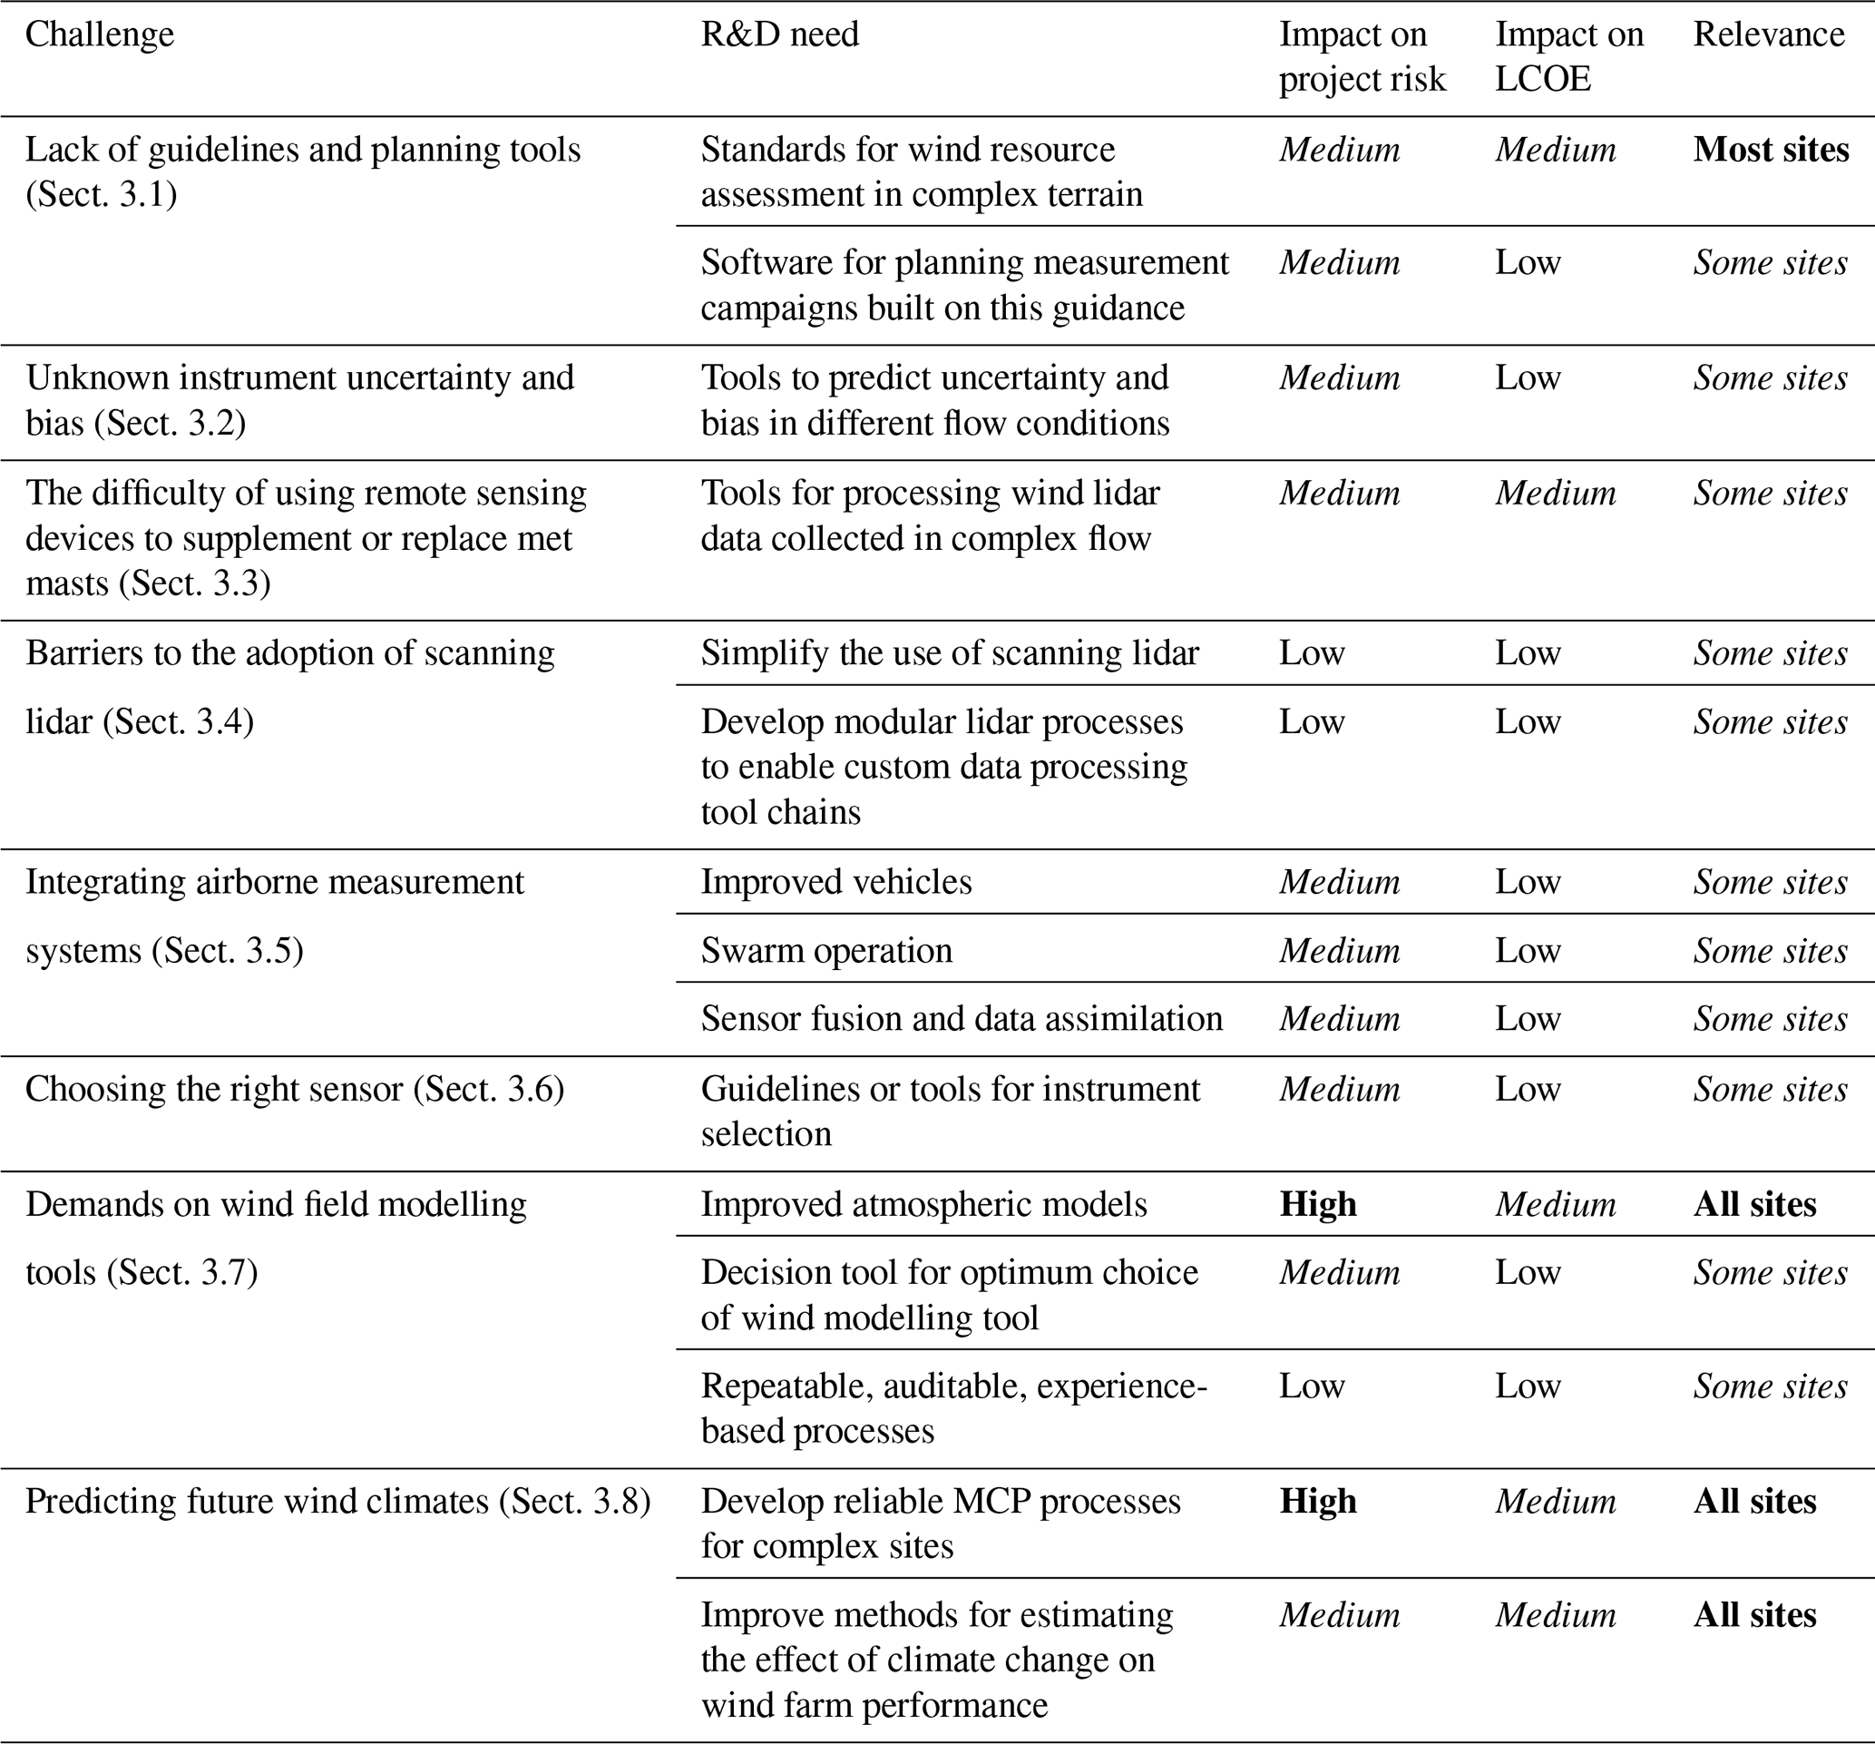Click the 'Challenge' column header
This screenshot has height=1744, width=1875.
coord(99,34)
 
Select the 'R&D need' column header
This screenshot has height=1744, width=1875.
coord(779,34)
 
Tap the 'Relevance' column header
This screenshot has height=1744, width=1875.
coord(1769,34)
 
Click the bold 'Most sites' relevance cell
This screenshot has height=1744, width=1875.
coord(1771,150)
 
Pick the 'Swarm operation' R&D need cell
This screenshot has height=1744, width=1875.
coord(826,951)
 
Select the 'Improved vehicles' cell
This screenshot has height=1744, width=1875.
coord(835,882)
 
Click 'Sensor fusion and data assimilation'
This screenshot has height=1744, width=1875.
coord(961,1019)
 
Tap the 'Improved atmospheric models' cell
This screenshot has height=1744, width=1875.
coord(923,1204)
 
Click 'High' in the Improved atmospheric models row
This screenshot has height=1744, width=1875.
coord(1318,1204)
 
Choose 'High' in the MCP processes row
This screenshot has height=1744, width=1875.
coord(1318,1502)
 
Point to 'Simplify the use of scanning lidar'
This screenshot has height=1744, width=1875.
coord(949,652)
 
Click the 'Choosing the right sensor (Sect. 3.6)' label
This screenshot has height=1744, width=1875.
coord(294,1090)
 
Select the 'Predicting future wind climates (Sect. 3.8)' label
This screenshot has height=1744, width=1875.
coord(337,1502)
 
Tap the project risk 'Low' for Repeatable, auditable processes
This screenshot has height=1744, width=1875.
coord(1311,1386)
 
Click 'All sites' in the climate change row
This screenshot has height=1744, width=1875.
coord(1754,1615)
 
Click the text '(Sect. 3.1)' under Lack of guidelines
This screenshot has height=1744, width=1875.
coord(101,194)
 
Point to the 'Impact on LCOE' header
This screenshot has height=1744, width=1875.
coord(1568,56)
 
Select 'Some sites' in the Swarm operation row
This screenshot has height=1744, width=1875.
coord(1770,951)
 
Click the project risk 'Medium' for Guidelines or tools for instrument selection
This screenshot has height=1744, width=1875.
coord(1339,1090)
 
